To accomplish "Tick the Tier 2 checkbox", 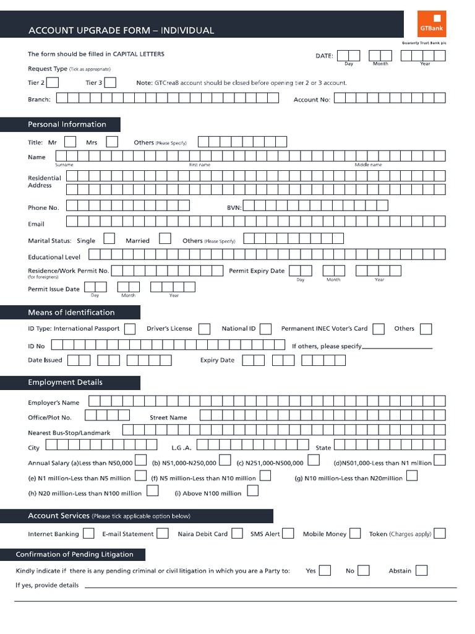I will pos(53,82).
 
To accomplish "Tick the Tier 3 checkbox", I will pos(110,82).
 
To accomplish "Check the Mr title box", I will pos(71,142).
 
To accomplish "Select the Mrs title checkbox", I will pos(112,142).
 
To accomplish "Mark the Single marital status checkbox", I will pos(109,238).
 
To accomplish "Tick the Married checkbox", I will pos(165,238).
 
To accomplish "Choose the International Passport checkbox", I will pos(130,329).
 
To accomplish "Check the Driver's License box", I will pos(204,329).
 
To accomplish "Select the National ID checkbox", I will pos(266,329).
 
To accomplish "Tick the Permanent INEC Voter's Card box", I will pos(379,329).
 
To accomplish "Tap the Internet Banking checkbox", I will pos(88,533).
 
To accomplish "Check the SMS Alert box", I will pos(288,533).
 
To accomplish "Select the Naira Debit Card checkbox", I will pos(237,533).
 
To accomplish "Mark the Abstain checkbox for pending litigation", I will pos(421,570).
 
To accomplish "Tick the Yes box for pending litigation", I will pos(325,570).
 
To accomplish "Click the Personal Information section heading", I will pos(67,124).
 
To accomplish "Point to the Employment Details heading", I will pos(65,383).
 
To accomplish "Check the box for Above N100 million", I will pos(252,492).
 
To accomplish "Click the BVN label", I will pos(233,207).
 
